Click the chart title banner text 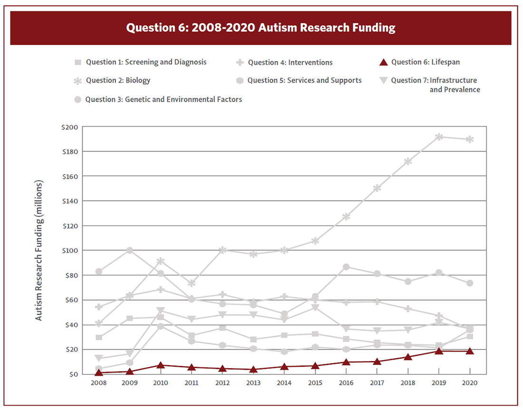tap(261, 28)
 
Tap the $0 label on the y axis tap(73, 374)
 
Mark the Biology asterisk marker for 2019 tap(439, 137)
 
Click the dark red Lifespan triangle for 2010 tap(161, 365)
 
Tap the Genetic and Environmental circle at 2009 tap(130, 250)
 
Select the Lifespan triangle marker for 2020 tap(470, 351)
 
